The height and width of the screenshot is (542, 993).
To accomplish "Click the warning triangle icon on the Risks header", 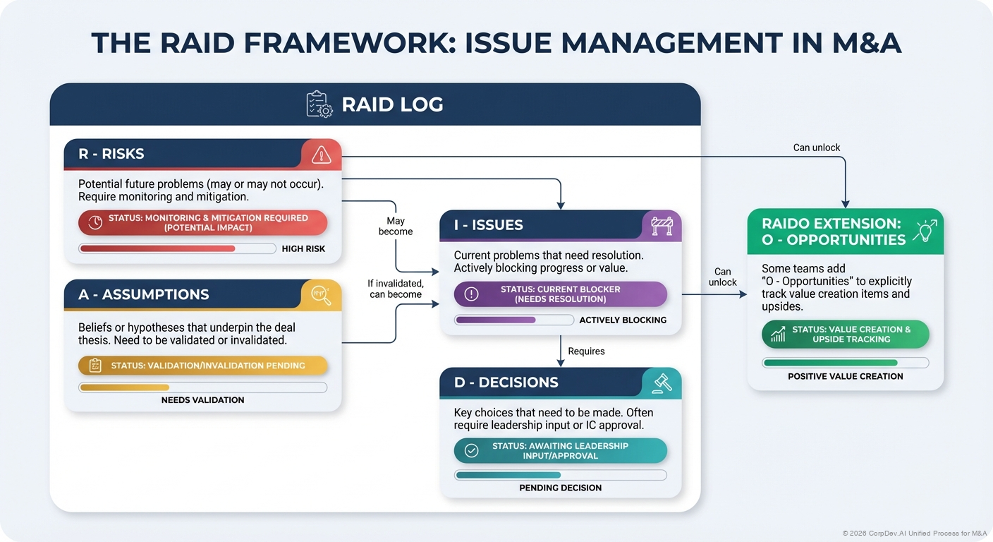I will click(321, 154).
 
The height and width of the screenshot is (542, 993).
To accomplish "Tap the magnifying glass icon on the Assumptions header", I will click(321, 294).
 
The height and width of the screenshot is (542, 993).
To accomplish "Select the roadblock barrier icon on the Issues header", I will click(662, 225).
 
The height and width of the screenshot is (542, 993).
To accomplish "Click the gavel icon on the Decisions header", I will click(662, 383).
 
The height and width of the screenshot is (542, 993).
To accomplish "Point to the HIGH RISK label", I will click(303, 249).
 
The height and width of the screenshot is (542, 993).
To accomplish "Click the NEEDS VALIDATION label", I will click(202, 400).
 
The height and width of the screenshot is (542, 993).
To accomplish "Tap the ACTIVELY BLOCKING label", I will click(623, 320).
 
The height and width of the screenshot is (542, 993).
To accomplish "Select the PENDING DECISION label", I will click(561, 488).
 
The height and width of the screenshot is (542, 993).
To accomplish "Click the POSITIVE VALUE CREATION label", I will click(845, 377).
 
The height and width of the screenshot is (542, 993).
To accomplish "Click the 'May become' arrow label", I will click(396, 227).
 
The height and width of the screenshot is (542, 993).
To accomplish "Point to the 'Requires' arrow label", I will click(586, 351).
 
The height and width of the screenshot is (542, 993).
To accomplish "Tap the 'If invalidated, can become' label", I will click(396, 289).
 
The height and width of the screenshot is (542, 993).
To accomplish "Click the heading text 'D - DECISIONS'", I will click(506, 383).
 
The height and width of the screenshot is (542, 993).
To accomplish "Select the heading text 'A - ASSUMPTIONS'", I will click(143, 295).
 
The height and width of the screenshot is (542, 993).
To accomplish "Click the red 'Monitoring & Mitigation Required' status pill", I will click(203, 222).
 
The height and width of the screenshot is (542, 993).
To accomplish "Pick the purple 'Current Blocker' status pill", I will click(560, 294).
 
